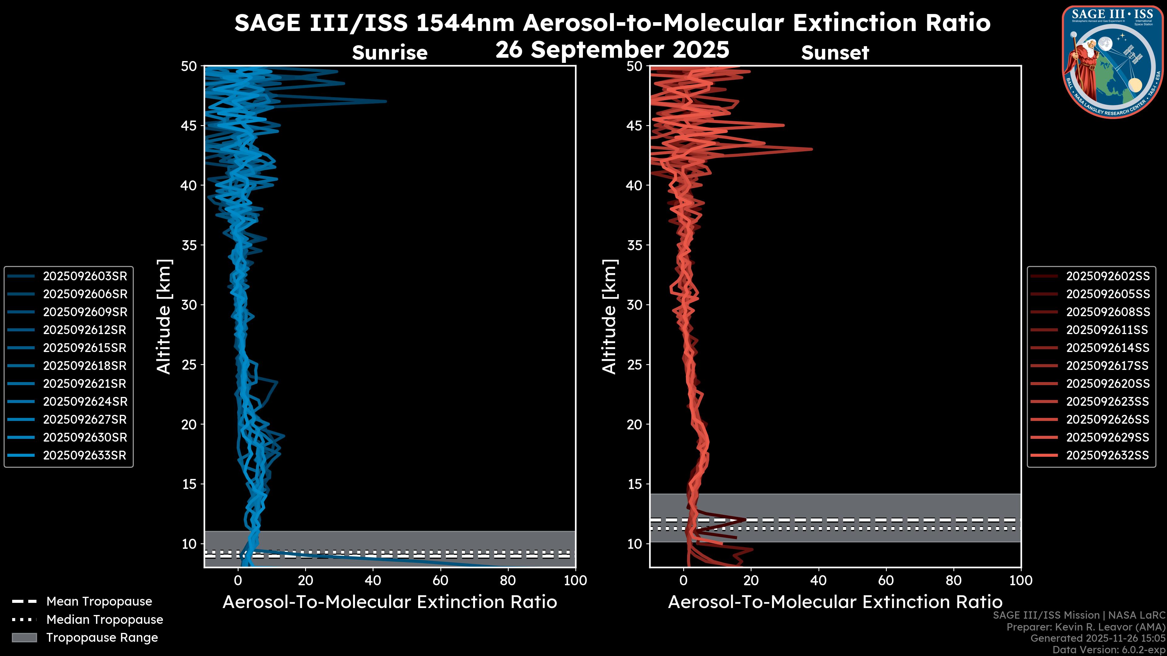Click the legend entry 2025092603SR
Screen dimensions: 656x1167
click(x=85, y=276)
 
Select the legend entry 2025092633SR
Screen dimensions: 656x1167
click(x=85, y=456)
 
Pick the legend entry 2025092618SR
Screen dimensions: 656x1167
click(x=85, y=366)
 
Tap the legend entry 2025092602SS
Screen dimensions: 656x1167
click(x=1108, y=276)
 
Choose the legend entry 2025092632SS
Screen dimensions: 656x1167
click(x=1108, y=456)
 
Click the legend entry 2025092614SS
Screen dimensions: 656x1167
click(x=1108, y=348)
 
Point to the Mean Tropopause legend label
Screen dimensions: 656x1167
click(x=99, y=602)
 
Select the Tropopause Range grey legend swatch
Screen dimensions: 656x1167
click(x=24, y=638)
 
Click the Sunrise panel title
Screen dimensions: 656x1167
click(x=390, y=53)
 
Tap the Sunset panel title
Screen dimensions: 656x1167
click(x=835, y=53)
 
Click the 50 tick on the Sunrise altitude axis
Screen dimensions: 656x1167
click(x=189, y=67)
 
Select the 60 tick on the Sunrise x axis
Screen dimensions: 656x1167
click(x=440, y=580)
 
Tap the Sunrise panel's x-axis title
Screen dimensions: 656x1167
click(x=390, y=602)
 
